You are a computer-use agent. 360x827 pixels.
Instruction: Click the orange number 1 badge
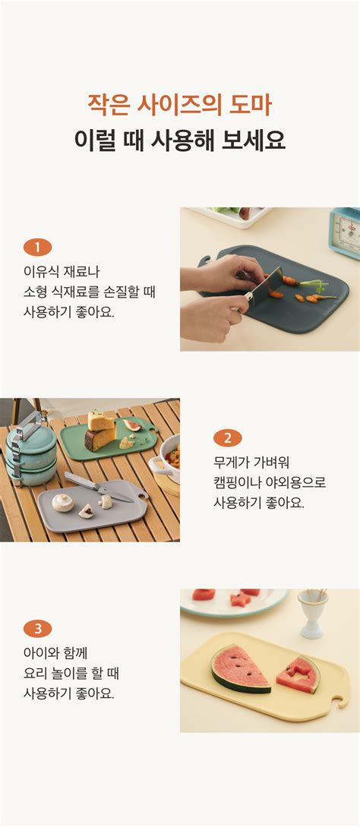coord(37,247)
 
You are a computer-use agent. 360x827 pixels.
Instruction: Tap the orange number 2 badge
coord(228,437)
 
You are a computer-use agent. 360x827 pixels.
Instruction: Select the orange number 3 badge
coord(37,629)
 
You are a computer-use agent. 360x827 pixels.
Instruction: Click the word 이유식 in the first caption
coord(39,272)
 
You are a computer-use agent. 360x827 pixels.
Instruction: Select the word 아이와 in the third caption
coord(39,654)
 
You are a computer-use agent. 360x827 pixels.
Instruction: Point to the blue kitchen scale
coord(346,232)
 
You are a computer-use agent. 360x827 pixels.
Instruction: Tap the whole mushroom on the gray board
coord(63,503)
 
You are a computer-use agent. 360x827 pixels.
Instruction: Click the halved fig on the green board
coord(132,425)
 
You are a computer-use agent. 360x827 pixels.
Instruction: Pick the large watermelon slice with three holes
coord(241,668)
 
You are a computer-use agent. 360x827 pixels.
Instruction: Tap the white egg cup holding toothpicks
coord(312,614)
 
